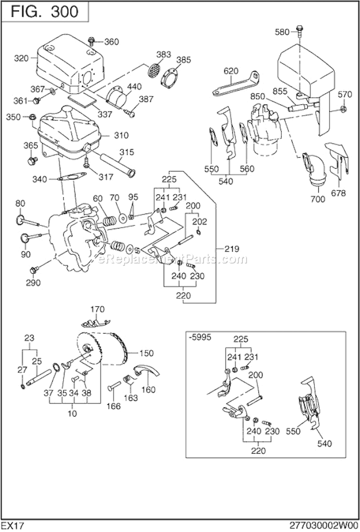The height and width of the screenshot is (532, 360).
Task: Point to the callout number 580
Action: (282, 32)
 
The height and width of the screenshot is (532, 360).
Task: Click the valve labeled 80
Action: (29, 221)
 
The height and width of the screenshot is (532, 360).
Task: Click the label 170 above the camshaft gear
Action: (97, 309)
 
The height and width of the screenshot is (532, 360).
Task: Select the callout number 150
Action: (146, 354)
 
